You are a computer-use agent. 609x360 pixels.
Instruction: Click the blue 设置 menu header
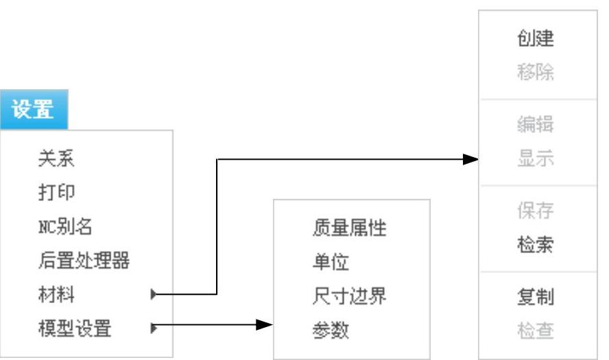(x=34, y=110)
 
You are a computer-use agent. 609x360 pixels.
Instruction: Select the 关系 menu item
(x=56, y=160)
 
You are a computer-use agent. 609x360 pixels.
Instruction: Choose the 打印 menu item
(x=56, y=193)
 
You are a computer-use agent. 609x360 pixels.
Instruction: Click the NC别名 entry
(x=64, y=226)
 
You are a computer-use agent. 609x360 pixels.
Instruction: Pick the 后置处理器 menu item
(x=84, y=261)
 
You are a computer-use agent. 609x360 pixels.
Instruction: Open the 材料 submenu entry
(x=56, y=295)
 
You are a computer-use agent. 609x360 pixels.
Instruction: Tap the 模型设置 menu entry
(x=74, y=328)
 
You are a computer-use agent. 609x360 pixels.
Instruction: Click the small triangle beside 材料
(x=154, y=295)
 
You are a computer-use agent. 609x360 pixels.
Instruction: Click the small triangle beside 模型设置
(x=154, y=328)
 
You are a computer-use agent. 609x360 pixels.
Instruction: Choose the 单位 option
(x=331, y=262)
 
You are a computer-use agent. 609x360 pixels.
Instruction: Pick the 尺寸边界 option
(x=349, y=296)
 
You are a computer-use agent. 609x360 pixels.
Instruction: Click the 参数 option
(x=331, y=331)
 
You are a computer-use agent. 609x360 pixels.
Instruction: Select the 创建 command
(x=536, y=38)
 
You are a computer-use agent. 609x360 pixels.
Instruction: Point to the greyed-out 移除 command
(x=536, y=73)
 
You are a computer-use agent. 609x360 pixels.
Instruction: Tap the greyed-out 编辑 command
(x=536, y=125)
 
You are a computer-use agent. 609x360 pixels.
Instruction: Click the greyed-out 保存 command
(x=536, y=211)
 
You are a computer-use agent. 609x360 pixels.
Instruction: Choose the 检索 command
(x=536, y=245)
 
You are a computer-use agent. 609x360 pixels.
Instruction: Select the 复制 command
(x=536, y=298)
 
